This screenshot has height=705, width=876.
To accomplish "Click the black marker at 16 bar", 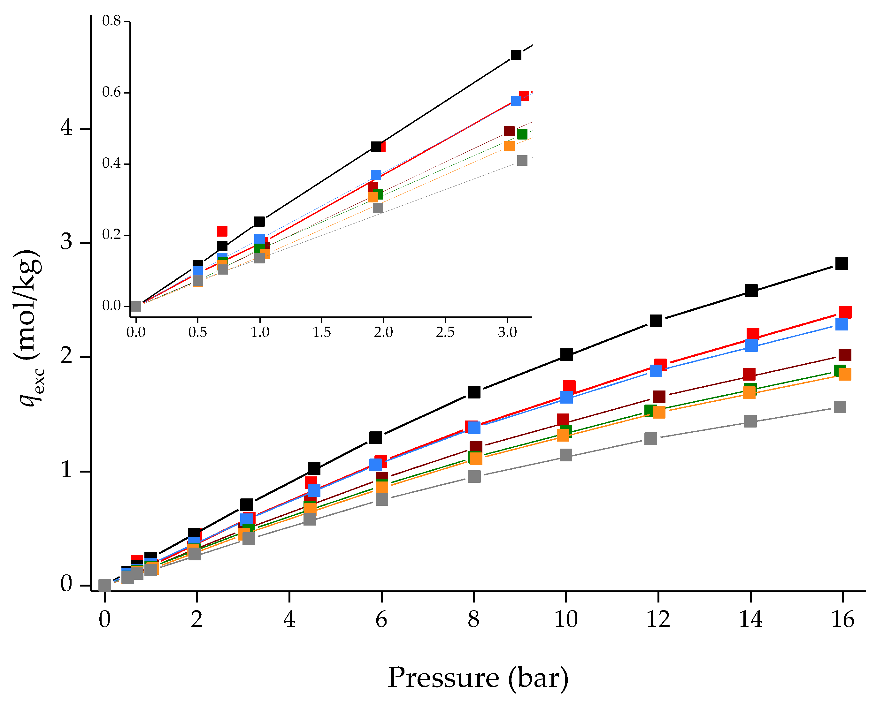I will point(841,263).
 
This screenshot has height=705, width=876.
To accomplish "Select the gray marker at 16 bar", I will point(840,407).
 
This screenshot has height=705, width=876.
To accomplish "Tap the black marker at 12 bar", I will point(656,321).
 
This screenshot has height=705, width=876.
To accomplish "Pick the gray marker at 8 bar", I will point(474,476).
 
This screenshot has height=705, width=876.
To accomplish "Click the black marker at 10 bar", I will point(566,354).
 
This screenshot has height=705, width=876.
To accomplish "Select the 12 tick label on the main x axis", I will point(658,620).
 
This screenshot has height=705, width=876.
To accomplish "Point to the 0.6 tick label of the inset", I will point(111,93).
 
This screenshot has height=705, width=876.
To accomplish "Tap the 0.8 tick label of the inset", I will point(111,21).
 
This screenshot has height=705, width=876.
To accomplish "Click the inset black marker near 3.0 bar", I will point(516,55).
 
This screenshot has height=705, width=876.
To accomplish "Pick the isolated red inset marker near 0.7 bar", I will point(222,231).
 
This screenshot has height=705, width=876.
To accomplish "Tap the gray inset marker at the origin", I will point(136,306).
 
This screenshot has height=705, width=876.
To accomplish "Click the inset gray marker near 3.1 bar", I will point(522,160).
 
